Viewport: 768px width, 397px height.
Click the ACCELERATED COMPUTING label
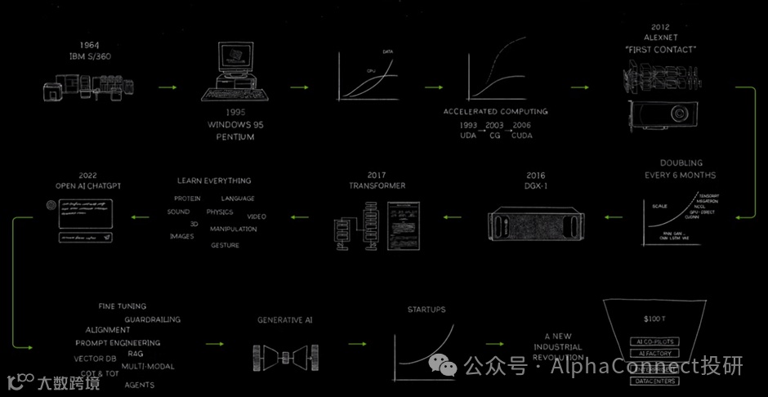click(x=496, y=111)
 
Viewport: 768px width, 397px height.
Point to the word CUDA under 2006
click(x=521, y=136)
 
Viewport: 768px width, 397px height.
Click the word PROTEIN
click(x=187, y=198)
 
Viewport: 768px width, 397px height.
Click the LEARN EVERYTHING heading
click(x=214, y=181)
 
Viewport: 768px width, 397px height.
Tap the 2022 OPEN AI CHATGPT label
click(x=89, y=181)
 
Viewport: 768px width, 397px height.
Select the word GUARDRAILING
click(x=153, y=319)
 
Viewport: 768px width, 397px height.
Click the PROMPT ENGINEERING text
click(x=118, y=343)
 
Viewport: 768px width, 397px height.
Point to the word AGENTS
click(x=140, y=385)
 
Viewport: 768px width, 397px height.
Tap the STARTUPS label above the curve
click(x=426, y=310)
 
